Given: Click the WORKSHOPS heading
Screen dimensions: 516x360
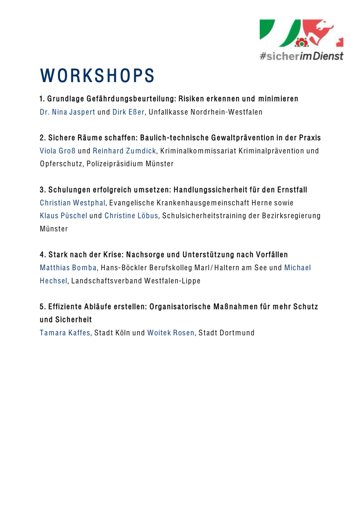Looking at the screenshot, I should (x=97, y=76).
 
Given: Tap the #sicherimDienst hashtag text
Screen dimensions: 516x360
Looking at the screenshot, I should (x=301, y=56).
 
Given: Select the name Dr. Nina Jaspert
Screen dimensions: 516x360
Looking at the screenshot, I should (x=67, y=112).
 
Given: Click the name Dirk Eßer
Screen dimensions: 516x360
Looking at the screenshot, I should (x=128, y=112).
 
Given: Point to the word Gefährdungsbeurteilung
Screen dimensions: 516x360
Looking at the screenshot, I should (x=131, y=99).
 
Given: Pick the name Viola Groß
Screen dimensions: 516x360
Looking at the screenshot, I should (x=57, y=151).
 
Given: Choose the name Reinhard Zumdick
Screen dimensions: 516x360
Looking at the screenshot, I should (x=124, y=151).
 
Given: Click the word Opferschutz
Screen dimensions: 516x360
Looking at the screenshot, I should (x=61, y=164).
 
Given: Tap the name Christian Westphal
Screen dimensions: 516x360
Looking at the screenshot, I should (x=73, y=203).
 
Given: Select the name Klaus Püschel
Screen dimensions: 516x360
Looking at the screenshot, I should (x=64, y=216).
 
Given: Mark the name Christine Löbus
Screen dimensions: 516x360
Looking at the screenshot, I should (x=131, y=216).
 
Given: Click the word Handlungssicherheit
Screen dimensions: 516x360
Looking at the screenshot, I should (x=210, y=190).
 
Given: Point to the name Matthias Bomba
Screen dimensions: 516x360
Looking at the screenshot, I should (x=68, y=268).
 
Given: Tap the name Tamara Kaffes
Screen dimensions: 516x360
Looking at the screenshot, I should (x=65, y=333).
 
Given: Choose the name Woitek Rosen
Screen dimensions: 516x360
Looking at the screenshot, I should (x=171, y=333).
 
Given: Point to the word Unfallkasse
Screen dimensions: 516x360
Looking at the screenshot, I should (x=168, y=112).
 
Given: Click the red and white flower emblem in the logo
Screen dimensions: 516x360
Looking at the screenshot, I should (x=301, y=42).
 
